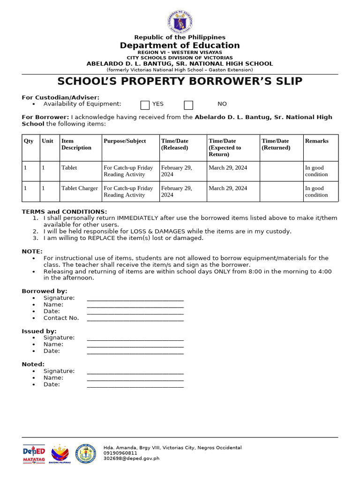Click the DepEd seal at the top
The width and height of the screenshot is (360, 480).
pos(180,22)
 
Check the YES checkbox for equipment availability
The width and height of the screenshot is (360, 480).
pos(145,105)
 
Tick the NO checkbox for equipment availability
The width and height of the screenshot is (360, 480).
pos(188,105)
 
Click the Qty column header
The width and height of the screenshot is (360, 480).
pos(29,141)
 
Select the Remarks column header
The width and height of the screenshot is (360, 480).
pos(317,141)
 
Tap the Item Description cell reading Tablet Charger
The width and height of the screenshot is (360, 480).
pos(80,188)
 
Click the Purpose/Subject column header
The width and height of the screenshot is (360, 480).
pos(125,141)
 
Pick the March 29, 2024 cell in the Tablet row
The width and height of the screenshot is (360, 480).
pos(228,168)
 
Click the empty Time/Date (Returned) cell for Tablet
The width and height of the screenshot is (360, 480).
pos(281,171)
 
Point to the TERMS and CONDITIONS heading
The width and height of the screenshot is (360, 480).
pos(64,212)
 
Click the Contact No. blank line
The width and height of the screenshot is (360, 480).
pos(135,319)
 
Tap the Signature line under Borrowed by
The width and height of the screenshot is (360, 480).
pos(135,299)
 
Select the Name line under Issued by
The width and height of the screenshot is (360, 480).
pos(135,345)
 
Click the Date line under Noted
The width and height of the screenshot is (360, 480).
pos(135,385)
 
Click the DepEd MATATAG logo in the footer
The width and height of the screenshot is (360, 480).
pos(34,453)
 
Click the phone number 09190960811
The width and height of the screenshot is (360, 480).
pos(120,453)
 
